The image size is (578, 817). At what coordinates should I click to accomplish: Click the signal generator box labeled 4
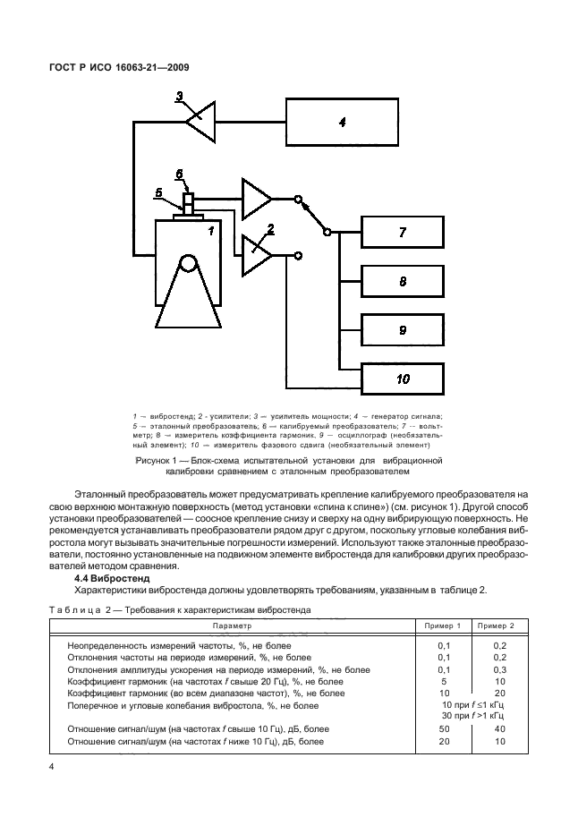click(x=342, y=122)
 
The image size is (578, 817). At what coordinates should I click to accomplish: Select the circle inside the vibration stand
click(x=187, y=264)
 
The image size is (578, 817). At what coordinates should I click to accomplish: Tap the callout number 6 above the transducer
click(x=179, y=174)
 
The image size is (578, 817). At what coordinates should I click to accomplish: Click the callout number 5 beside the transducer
click(x=157, y=191)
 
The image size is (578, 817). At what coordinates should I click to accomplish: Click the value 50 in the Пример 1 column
click(x=444, y=729)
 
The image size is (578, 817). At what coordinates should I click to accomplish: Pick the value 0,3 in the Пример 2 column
click(x=499, y=668)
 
